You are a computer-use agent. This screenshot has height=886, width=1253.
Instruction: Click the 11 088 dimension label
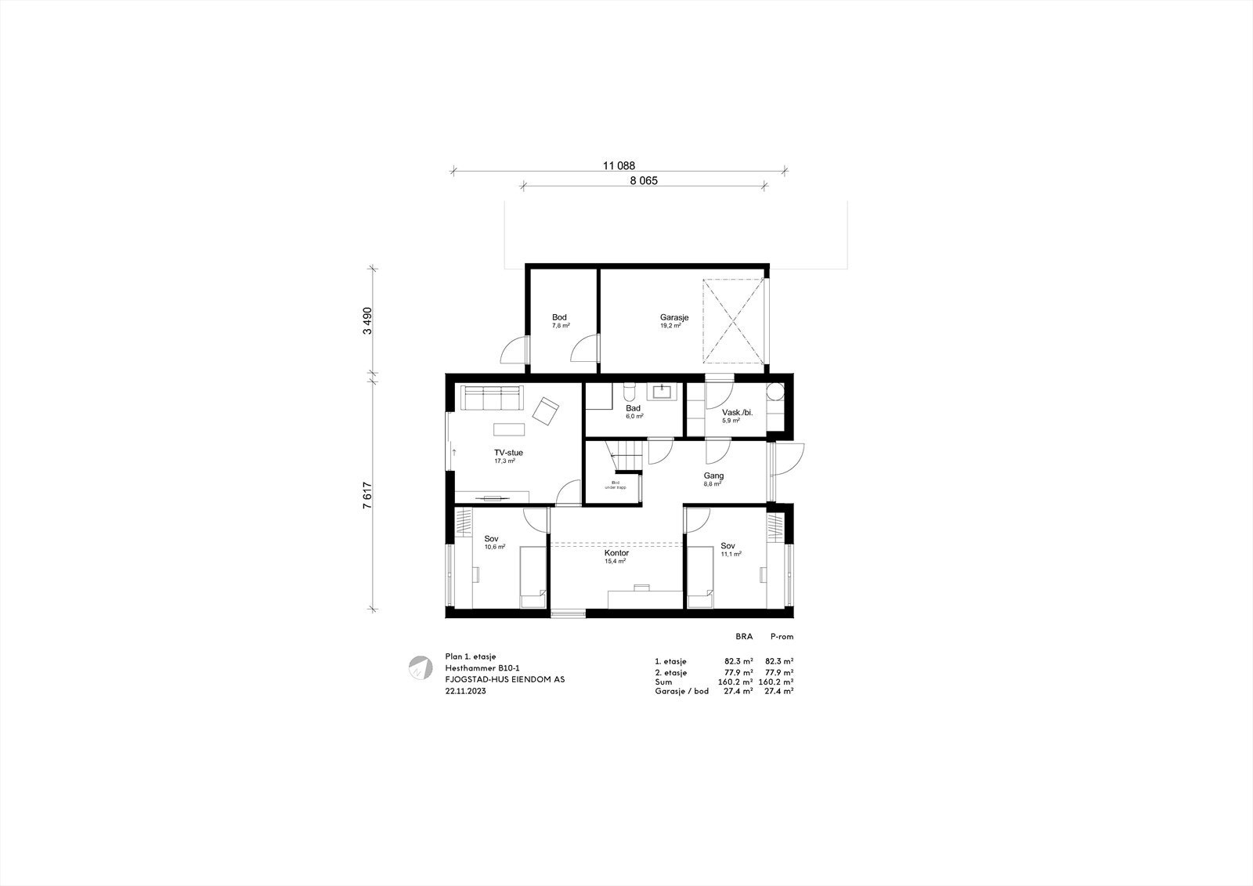pos(619,165)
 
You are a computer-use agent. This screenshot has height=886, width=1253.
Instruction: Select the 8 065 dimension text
pos(644,181)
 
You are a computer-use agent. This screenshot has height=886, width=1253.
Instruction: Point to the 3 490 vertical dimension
pos(367,320)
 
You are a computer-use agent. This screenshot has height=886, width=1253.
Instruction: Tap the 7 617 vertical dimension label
pos(367,495)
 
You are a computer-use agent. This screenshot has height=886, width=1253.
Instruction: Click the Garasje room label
pos(673,317)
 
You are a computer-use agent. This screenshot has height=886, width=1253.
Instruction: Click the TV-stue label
pos(508,452)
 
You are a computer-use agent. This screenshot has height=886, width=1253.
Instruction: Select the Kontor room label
pos(616,553)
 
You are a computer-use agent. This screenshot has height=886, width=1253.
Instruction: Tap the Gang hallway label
pos(713,476)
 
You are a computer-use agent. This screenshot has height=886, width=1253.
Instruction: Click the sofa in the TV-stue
pos(490,398)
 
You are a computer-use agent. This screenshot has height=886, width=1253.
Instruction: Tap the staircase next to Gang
pos(626,455)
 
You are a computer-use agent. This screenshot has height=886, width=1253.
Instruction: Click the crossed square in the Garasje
pos(733,321)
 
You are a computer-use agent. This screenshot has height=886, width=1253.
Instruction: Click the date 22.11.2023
pos(465,691)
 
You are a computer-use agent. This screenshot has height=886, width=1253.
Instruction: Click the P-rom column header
pos(782,637)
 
